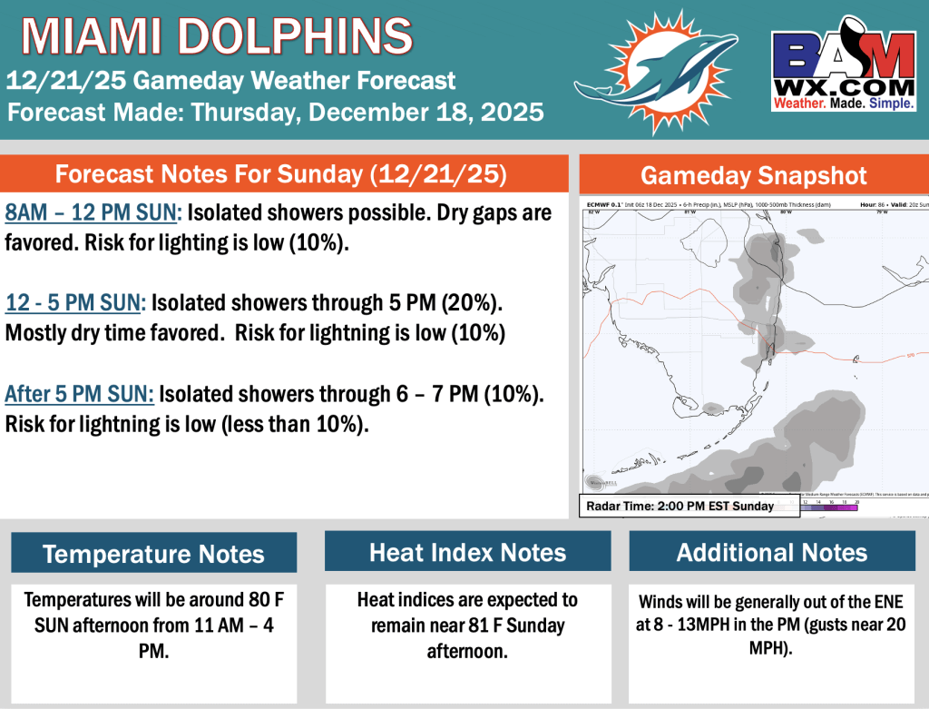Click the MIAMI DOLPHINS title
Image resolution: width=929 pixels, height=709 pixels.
coord(216,36)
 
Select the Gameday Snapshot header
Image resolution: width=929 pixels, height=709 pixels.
coord(754,175)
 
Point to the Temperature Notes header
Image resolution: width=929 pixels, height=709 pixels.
coord(153,553)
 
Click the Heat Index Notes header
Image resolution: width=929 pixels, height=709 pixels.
coord(467,552)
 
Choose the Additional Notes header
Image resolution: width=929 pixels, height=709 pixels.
coord(772,552)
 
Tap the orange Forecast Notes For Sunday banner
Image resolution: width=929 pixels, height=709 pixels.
coord(281,173)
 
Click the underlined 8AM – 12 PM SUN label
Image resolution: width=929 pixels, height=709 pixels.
coord(94,213)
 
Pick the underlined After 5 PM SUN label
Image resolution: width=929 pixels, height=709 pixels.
coord(80,395)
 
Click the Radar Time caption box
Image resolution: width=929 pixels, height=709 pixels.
coord(689,506)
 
